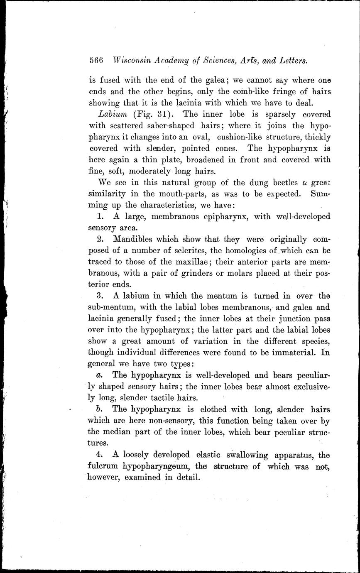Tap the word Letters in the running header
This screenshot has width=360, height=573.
pyautogui.click(x=293, y=60)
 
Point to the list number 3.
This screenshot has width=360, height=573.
pyautogui.click(x=100, y=296)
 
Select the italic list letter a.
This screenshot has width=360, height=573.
pyautogui.click(x=99, y=375)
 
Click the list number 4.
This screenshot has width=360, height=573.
pyautogui.click(x=100, y=455)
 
